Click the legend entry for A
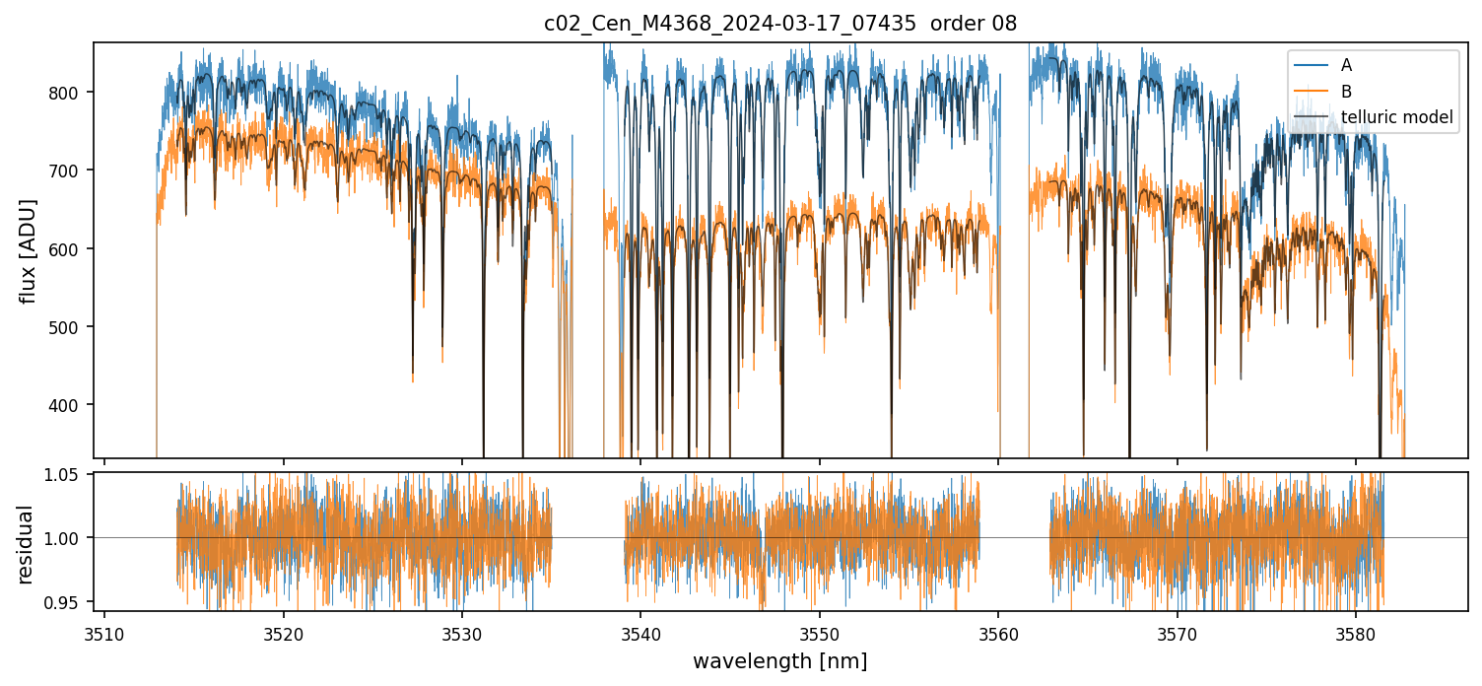[1346, 66]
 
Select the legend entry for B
[1346, 92]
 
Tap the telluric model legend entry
[1396, 118]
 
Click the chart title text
[779, 24]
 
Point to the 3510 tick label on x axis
[104, 632]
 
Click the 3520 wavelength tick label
[283, 632]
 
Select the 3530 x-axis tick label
[462, 632]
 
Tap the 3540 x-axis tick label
[640, 632]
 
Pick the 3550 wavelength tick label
[819, 632]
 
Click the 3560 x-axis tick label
[998, 632]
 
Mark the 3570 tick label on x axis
[1177, 632]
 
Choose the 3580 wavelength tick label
[1355, 632]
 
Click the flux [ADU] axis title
[29, 250]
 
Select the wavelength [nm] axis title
[779, 660]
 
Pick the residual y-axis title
[25, 543]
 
